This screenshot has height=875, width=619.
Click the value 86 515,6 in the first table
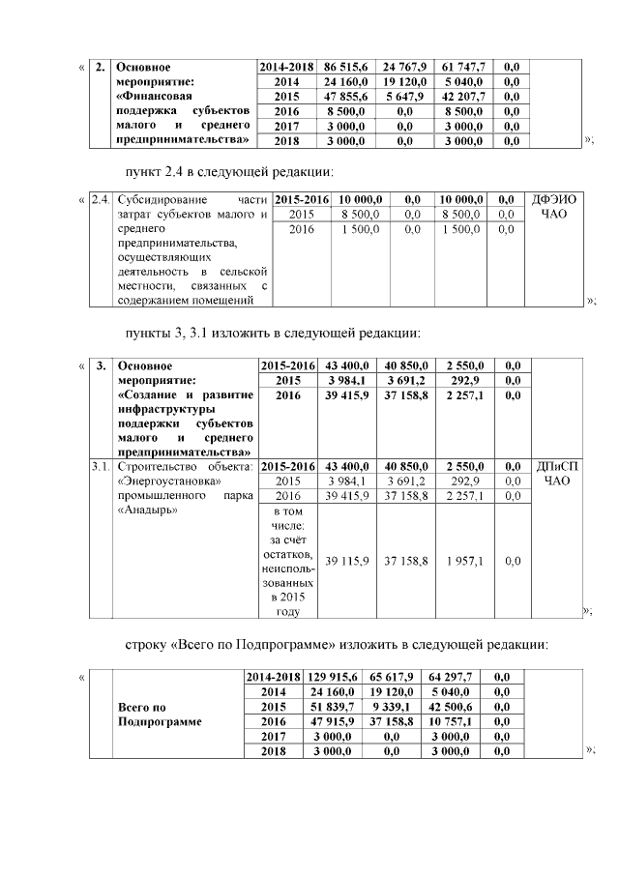tap(345, 67)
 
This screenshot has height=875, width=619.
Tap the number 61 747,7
tap(463, 67)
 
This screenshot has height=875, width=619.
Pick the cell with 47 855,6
tap(345, 97)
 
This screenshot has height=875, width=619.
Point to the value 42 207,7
tap(463, 97)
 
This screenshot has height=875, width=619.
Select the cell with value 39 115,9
tap(345, 561)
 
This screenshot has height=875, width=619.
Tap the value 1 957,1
tap(463, 561)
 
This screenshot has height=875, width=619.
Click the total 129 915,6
tap(345, 678)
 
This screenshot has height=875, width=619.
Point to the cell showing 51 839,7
tap(345, 707)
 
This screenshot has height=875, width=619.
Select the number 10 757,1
tap(463, 721)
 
